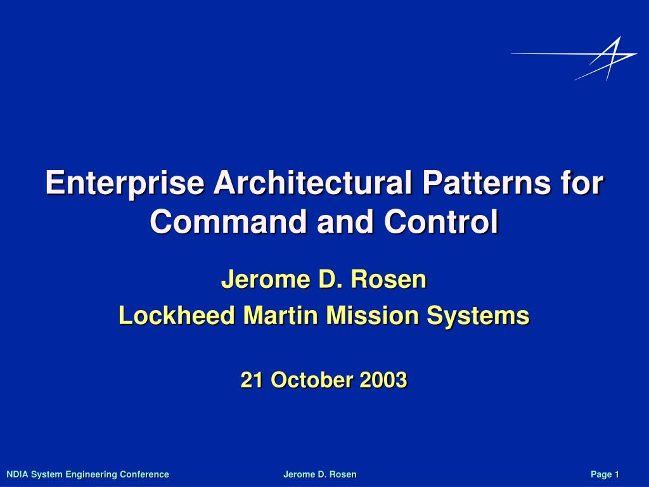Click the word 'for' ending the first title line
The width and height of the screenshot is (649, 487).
tap(584, 183)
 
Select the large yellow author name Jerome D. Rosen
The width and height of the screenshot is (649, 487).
tap(324, 279)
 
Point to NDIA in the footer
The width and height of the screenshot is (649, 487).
tap(17, 474)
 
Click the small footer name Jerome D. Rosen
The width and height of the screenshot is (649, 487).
tap(319, 474)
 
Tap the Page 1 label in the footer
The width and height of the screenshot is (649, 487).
tap(605, 474)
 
